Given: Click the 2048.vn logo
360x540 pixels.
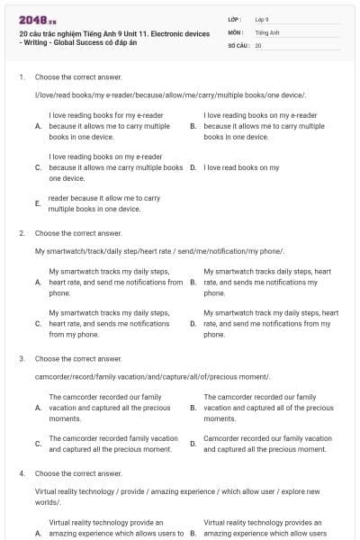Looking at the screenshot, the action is tap(32, 19).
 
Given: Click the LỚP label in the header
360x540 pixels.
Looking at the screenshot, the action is tap(234, 19).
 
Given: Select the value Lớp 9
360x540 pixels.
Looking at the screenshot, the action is tap(262, 19).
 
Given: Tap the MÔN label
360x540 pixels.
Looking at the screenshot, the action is tap(235, 31).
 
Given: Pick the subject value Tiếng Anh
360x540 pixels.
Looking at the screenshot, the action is tap(266, 31).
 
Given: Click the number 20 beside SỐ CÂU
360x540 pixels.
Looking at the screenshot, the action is tap(258, 44).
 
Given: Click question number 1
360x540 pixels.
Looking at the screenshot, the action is tap(21, 77).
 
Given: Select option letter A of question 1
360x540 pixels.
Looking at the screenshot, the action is tap(38, 126).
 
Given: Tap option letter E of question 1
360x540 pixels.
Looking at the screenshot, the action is tap(38, 203).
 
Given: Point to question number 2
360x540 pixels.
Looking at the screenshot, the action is tap(21, 233).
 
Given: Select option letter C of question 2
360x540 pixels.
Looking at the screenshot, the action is tap(38, 323).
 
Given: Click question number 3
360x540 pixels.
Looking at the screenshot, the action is tap(21, 358).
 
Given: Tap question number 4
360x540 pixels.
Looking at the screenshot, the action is tap(21, 472).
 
